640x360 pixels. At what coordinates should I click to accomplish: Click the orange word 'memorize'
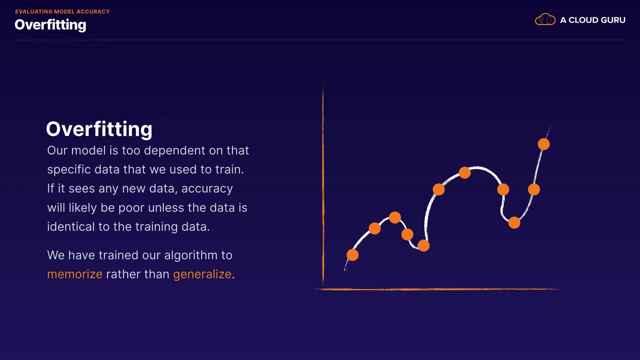(75, 274)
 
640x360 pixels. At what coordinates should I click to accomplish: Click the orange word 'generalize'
(202, 275)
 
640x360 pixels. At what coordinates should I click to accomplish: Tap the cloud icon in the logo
(545, 19)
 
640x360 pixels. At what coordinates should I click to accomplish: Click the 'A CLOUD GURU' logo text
(593, 20)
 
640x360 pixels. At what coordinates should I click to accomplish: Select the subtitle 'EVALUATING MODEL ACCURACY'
(62, 12)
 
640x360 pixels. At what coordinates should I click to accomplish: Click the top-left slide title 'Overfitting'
(50, 25)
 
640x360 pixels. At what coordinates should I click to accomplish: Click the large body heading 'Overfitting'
(99, 129)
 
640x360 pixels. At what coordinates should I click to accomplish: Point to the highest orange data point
(544, 144)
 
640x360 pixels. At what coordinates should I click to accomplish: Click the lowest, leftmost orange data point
(352, 255)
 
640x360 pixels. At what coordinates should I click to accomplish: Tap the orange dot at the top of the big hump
(465, 173)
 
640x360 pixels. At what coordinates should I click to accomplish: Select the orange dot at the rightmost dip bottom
(514, 222)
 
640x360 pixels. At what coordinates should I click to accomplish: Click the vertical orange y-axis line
(323, 185)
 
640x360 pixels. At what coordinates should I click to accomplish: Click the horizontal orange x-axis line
(438, 289)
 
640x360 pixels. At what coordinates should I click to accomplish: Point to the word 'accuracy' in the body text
(207, 189)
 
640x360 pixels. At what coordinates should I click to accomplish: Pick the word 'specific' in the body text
(69, 170)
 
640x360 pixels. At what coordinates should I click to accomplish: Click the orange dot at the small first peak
(395, 218)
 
